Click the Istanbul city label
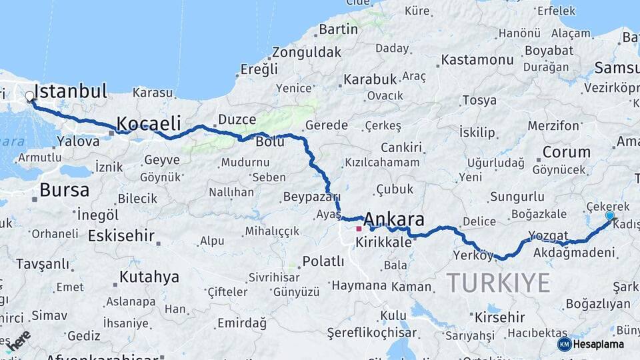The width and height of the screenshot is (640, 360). (70, 91)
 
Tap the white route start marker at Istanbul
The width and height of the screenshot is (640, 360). (29, 97)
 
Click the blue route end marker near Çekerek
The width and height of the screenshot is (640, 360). (609, 216)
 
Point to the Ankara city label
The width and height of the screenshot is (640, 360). (394, 219)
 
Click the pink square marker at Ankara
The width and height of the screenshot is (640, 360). (359, 229)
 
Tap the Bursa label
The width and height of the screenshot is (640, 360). (64, 190)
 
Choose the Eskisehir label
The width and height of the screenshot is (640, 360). (121, 236)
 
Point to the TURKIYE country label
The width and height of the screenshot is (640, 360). (499, 283)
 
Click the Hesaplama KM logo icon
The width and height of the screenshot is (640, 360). (564, 344)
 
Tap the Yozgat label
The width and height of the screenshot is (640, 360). (547, 235)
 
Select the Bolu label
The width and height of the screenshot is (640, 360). (270, 142)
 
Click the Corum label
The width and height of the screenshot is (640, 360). (566, 152)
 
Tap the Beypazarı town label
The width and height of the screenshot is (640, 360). (311, 197)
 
